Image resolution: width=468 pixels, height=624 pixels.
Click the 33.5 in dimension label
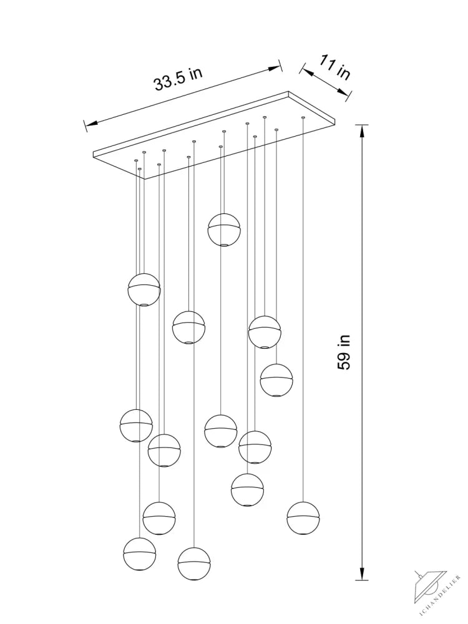pos(178,79)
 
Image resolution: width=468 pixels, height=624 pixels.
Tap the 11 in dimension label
pos(335,69)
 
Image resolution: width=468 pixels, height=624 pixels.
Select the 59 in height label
pos(344,352)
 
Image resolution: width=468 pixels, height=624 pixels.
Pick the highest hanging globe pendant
pos(224,230)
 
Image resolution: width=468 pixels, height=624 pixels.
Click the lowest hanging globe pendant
pos(194,563)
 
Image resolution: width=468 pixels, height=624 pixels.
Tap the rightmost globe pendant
pos(303,518)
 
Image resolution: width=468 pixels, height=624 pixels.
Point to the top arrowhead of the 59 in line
pos(361,132)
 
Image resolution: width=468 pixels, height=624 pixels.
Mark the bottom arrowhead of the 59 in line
pos(361,573)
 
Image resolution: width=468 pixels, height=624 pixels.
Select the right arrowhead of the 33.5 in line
pos(275,67)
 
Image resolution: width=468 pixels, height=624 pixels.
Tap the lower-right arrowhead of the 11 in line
pos(343,92)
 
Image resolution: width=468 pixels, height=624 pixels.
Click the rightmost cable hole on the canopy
pos(303,117)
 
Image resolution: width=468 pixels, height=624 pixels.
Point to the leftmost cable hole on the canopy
pos(136,160)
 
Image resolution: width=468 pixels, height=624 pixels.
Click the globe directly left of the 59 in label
pos(276,380)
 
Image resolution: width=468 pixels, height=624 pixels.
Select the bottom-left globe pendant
pos(139,554)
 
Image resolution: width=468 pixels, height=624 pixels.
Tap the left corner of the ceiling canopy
pos(93,152)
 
